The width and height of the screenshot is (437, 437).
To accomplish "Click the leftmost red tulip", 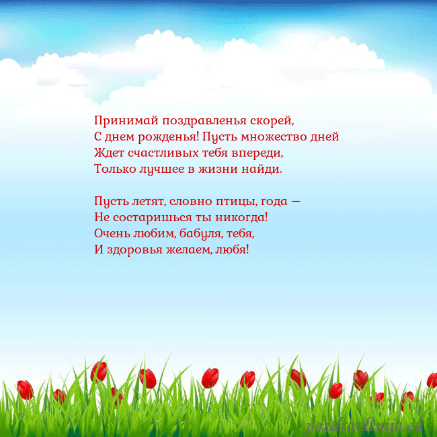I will click(x=25, y=389).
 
